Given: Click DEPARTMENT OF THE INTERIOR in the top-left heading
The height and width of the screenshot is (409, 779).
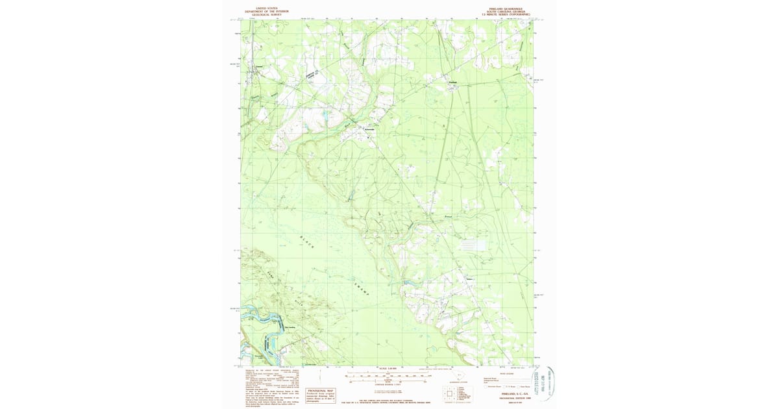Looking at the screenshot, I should (x=264, y=12).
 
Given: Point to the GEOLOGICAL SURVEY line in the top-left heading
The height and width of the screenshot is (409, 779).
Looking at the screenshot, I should (x=264, y=14).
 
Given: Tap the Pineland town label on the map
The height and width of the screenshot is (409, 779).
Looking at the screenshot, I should (x=454, y=82).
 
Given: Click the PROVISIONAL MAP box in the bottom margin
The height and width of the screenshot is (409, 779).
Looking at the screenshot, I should (x=321, y=394).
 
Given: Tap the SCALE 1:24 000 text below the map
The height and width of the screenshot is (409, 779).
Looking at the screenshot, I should (x=387, y=369).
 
